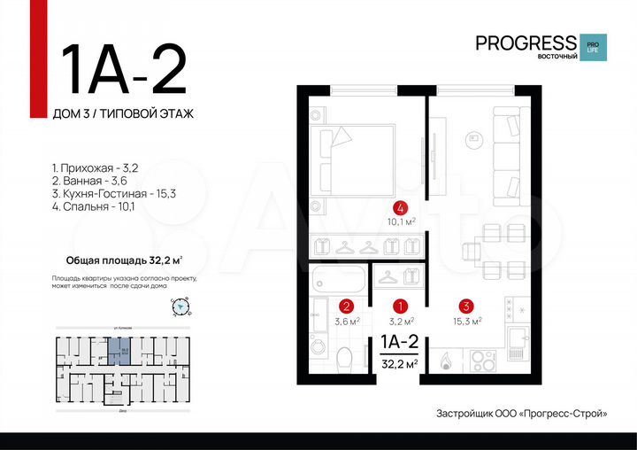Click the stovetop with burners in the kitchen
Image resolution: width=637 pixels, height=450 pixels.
(484, 362)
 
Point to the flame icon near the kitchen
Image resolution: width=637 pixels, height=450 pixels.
(447, 361)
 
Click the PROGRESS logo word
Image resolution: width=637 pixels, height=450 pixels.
(526, 43)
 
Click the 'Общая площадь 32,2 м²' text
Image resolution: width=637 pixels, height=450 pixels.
(124, 260)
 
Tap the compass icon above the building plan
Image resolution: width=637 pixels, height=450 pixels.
(180, 307)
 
